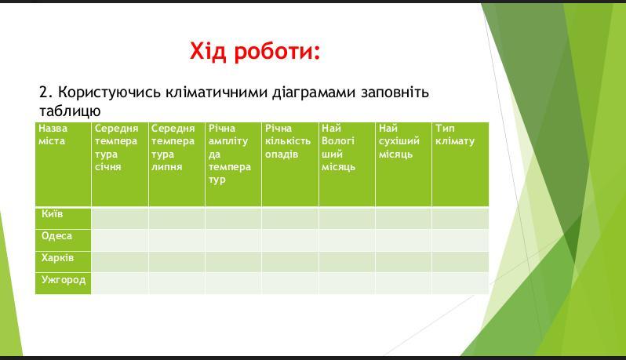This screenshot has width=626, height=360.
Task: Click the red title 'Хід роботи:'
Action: [255, 52]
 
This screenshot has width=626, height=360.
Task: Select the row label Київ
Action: [53, 214]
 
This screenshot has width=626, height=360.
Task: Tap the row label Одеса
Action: [56, 236]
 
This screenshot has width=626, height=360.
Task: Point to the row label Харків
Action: [57, 258]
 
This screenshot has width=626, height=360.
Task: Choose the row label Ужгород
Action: [64, 280]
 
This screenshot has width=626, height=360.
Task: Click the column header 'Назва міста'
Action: [53, 134]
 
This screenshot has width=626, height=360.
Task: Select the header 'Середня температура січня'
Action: [116, 147]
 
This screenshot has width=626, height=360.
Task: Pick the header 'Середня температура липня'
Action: [173, 147]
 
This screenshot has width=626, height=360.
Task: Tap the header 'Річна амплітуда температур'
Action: [230, 154]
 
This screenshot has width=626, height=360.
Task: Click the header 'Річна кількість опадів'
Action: [287, 141]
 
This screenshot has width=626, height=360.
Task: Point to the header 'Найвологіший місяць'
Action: [338, 147]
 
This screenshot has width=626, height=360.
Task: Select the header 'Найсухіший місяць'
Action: [399, 141]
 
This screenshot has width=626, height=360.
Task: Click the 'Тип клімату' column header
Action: [455, 134]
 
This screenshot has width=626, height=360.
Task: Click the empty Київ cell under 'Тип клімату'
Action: [460, 218]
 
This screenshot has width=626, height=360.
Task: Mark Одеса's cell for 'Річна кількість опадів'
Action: [290, 240]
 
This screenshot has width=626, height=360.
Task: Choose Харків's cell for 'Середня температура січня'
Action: [120, 262]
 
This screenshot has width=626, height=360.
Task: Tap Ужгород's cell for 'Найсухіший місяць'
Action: [403, 283]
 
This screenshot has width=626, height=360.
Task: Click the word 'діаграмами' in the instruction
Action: [314, 93]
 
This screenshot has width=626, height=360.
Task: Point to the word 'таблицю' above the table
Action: [70, 111]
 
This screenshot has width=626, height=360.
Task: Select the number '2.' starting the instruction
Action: [46, 93]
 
